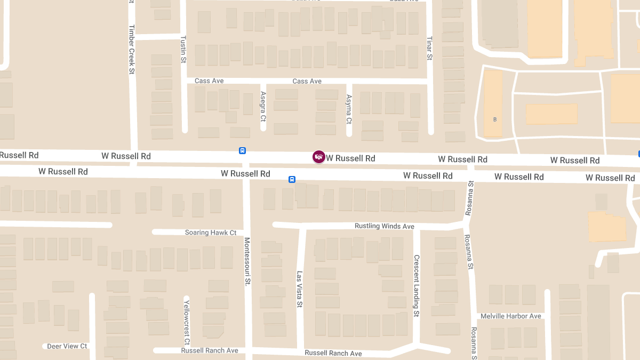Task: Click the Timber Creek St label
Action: (131, 49)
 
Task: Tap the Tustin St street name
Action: (183, 50)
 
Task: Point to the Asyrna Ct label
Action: (349, 109)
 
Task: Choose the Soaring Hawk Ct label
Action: (211, 233)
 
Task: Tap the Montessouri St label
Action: (247, 261)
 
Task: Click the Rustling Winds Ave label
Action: (384, 226)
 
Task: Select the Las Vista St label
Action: (300, 290)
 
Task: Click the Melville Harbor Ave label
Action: (510, 316)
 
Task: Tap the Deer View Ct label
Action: (67, 346)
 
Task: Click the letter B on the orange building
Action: (495, 119)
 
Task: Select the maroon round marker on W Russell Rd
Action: (318, 157)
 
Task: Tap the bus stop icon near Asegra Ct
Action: (242, 151)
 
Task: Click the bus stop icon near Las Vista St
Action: (292, 179)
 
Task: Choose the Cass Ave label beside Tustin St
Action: (209, 81)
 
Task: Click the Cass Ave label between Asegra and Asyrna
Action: (307, 81)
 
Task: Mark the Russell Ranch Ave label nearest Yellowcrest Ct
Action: (210, 350)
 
